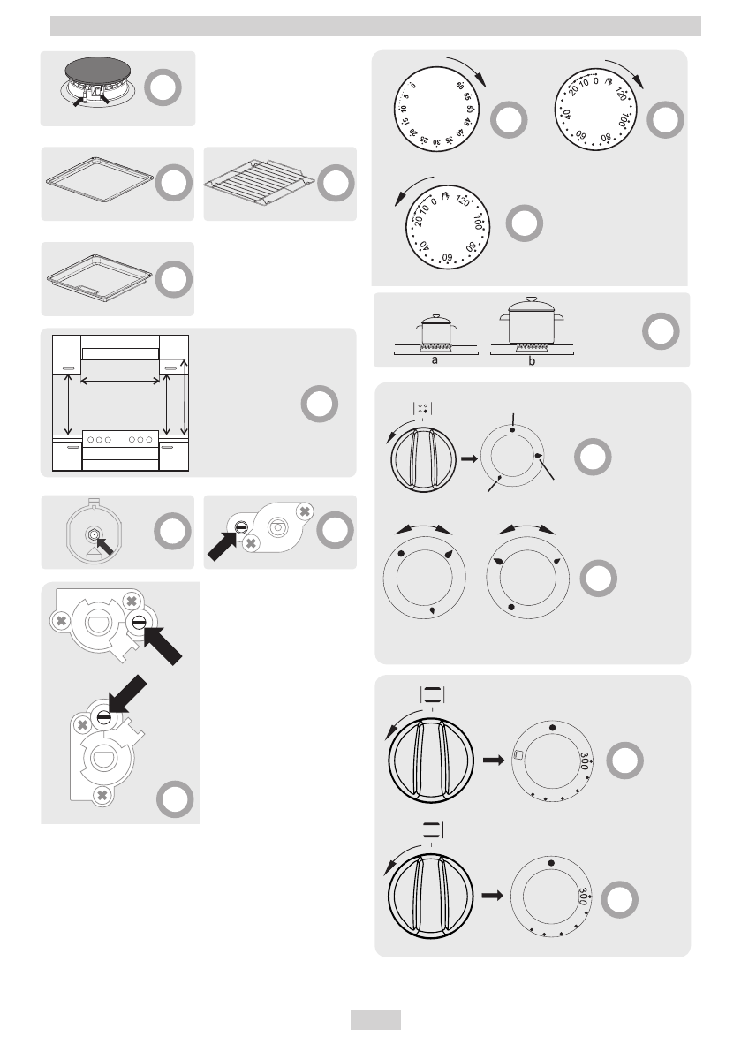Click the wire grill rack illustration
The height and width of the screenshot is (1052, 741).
point(258,184)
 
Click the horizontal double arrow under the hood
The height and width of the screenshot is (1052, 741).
point(120,382)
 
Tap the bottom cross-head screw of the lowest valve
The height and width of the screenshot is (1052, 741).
point(102,795)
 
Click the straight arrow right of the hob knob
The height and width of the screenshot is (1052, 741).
point(468,459)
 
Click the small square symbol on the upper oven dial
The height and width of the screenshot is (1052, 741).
point(518,754)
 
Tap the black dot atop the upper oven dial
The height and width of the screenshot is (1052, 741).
point(552,726)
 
